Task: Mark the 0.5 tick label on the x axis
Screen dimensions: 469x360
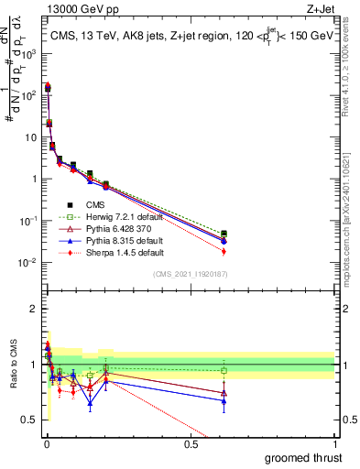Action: pyautogui.click(x=191, y=443)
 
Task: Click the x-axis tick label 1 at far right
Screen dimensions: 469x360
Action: pyautogui.click(x=334, y=443)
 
